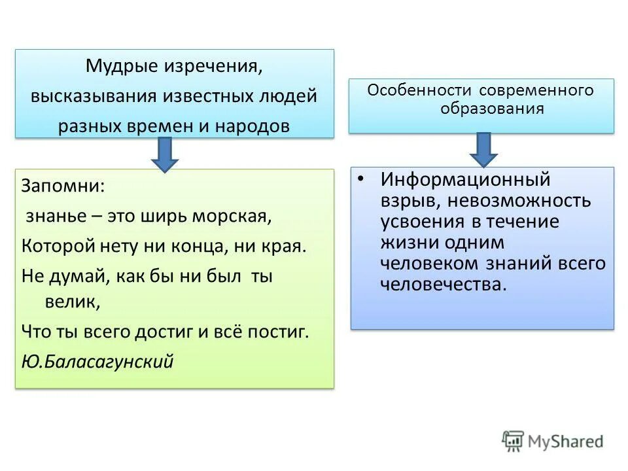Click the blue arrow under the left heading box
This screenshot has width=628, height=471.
[165, 154]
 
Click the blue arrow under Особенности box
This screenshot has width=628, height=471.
[483, 150]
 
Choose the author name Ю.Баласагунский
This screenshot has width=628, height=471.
[97, 361]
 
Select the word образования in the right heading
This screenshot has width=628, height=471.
[492, 108]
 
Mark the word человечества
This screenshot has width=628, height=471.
[444, 285]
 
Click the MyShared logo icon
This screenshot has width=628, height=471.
[513, 441]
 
